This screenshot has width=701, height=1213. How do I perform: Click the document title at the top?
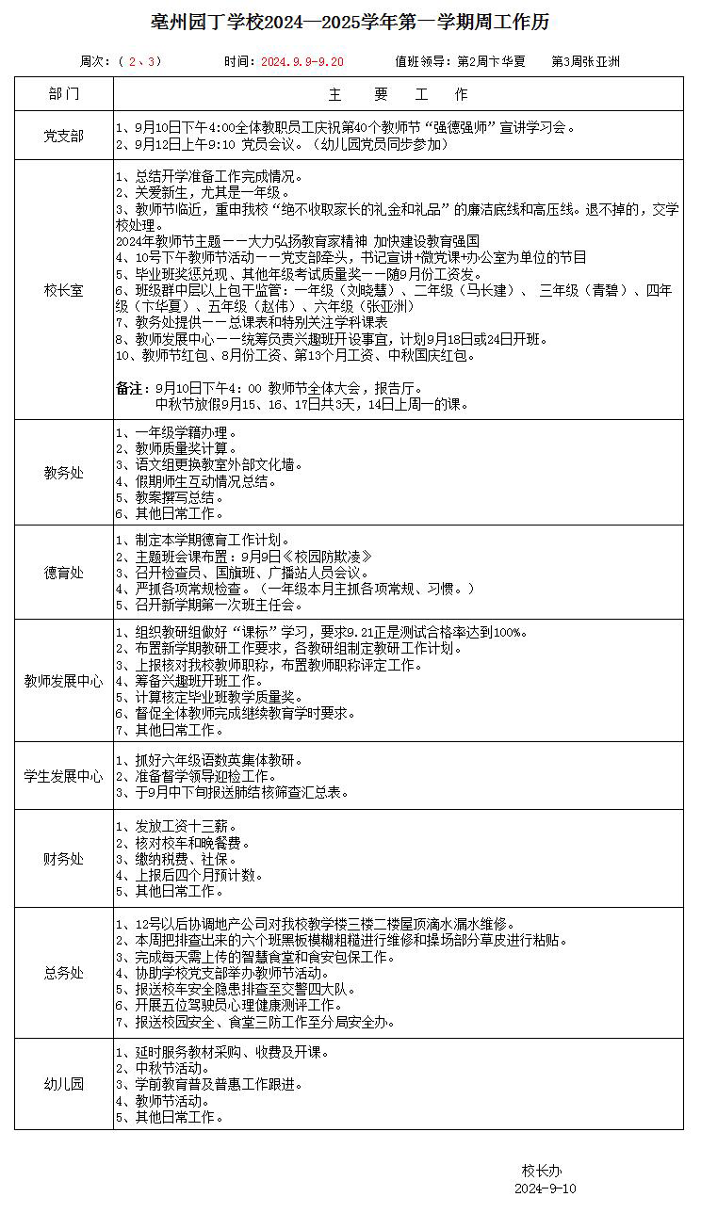click(x=350, y=23)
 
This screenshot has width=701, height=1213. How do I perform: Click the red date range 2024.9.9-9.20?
click(x=302, y=62)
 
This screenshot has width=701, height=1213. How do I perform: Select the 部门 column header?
click(x=63, y=94)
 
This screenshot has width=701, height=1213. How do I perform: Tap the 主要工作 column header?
click(x=398, y=94)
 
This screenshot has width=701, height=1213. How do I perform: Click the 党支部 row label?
click(x=63, y=137)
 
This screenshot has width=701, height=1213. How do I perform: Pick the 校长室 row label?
click(x=63, y=291)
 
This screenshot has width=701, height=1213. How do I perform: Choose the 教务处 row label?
click(x=63, y=473)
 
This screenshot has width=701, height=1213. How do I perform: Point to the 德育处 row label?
click(x=63, y=573)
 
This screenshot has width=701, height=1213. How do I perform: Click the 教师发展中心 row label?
click(x=63, y=681)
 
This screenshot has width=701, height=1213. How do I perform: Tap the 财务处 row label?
click(x=63, y=859)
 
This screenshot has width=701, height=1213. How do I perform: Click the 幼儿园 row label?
click(x=63, y=1084)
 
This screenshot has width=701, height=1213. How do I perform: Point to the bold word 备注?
click(x=129, y=388)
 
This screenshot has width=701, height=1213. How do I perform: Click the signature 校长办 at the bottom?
click(x=543, y=1171)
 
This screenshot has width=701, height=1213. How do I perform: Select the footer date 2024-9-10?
click(x=550, y=1189)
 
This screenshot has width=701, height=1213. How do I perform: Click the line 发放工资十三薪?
click(x=171, y=825)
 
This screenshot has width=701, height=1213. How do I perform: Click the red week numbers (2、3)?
click(x=139, y=62)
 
